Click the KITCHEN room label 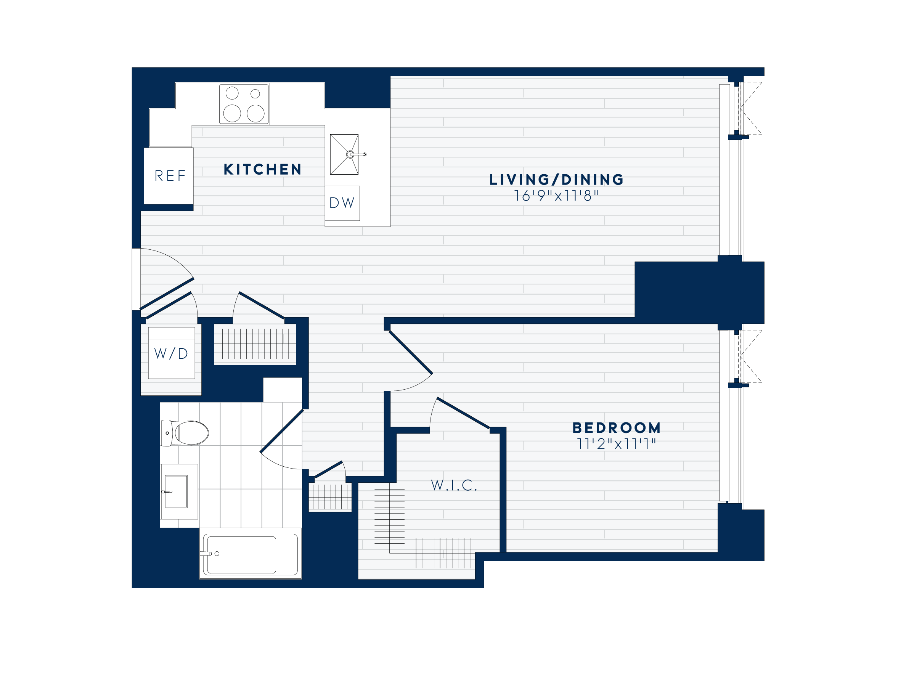tap(262, 170)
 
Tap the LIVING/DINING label tap(556, 180)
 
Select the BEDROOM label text tap(617, 428)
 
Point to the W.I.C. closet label tap(454, 485)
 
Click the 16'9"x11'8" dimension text tap(556, 196)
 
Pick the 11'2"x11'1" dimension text tap(617, 444)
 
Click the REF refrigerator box tap(169, 176)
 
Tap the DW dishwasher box tap(342, 203)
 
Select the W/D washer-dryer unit tap(171, 353)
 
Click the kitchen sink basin tap(344, 154)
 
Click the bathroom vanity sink tap(176, 491)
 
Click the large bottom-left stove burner tap(232, 113)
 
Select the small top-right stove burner tap(255, 94)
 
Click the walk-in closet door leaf tap(463, 413)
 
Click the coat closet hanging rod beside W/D tap(255, 344)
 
